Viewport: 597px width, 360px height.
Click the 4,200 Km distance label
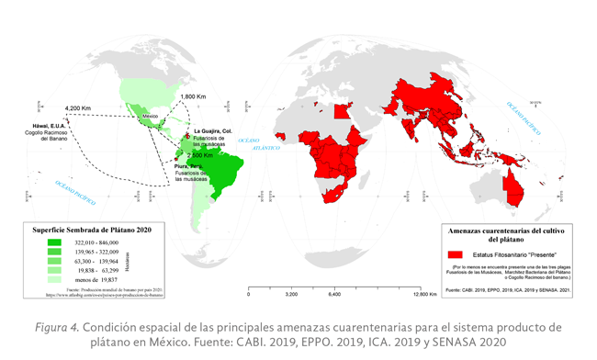[77, 107]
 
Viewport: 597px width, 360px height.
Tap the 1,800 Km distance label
[193, 96]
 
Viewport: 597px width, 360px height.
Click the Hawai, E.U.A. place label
[43, 127]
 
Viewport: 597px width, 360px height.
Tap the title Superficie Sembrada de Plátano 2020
[93, 229]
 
